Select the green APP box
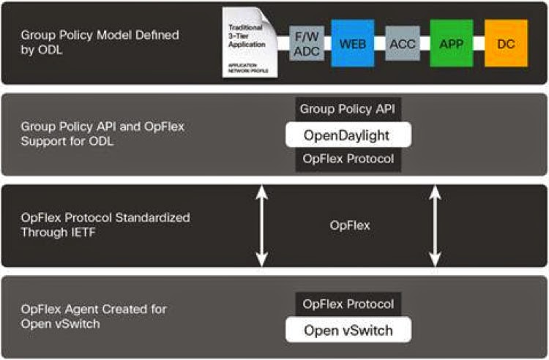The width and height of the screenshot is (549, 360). (x=451, y=42)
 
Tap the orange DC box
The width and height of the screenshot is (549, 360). (x=505, y=42)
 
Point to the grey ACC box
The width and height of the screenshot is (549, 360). (x=402, y=43)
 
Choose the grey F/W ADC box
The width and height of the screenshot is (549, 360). (x=306, y=43)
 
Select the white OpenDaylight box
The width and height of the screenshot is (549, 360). (x=348, y=135)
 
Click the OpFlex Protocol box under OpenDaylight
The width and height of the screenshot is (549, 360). (x=348, y=159)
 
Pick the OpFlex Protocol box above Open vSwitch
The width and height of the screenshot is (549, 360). (x=348, y=304)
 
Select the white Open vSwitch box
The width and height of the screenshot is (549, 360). (x=348, y=330)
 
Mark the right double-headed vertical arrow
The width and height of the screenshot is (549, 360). (x=435, y=225)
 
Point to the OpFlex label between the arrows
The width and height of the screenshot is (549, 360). (x=349, y=225)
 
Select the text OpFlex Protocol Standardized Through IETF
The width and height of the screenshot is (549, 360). (x=105, y=225)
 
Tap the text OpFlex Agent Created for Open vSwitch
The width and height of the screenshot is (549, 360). (x=94, y=316)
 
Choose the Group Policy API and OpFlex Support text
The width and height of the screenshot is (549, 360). (x=102, y=134)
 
